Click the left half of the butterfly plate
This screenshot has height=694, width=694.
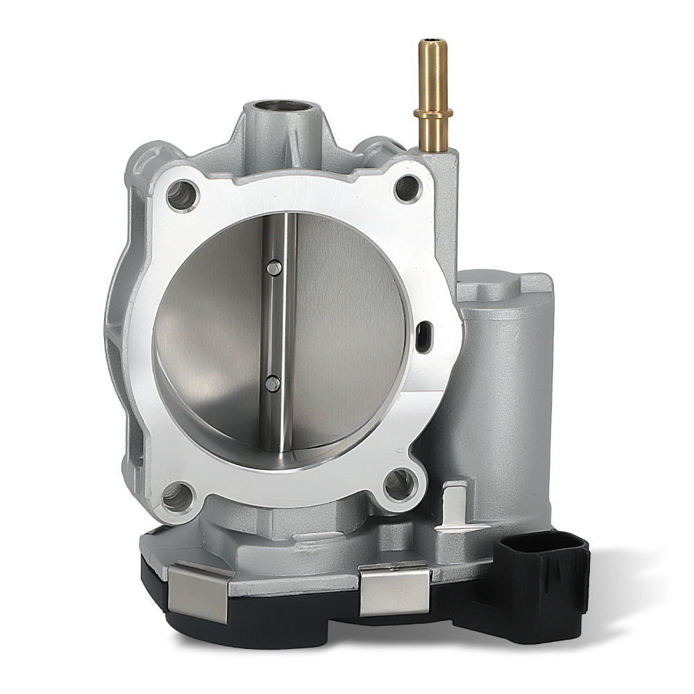pos(215,333)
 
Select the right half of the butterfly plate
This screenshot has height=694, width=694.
pos(347,326)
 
